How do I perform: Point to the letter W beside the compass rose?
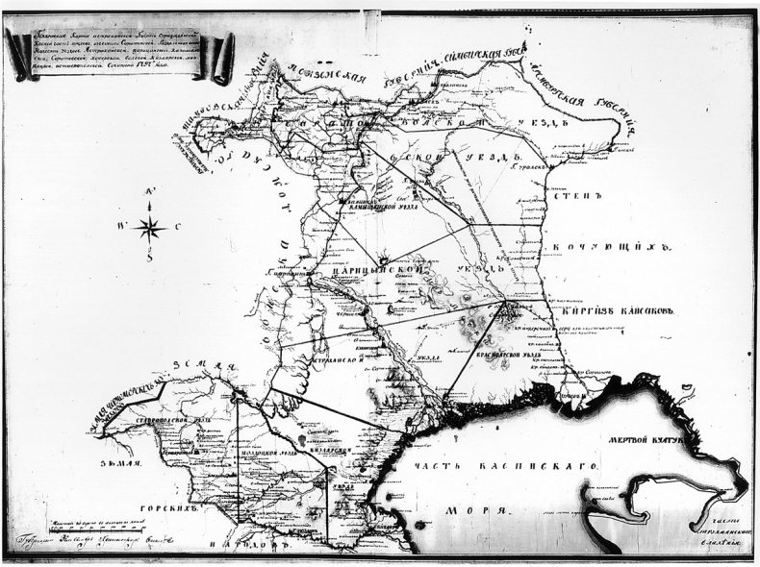coord(122,228)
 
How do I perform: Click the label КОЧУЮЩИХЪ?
coord(613,248)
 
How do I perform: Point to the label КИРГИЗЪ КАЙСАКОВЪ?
coord(622,311)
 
